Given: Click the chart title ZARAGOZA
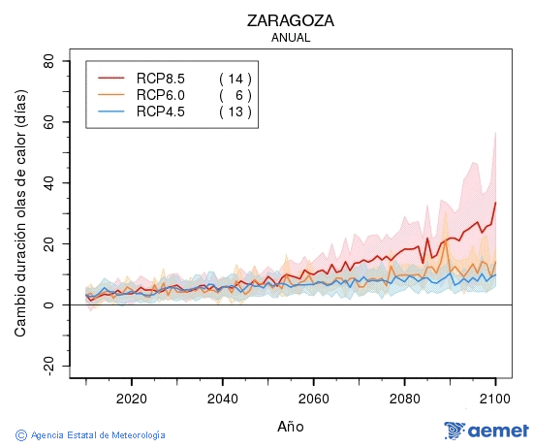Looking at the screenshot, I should click(292, 20).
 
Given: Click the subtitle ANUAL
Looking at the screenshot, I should click(292, 38).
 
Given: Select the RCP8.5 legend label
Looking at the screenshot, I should click(160, 79).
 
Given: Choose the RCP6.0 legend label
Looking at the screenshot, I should click(160, 95).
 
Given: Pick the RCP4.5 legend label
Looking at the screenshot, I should click(160, 112).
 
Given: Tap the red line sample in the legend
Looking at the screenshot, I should click(112, 79).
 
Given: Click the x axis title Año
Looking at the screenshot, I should click(292, 426).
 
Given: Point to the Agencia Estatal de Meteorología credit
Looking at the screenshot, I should click(91, 435).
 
